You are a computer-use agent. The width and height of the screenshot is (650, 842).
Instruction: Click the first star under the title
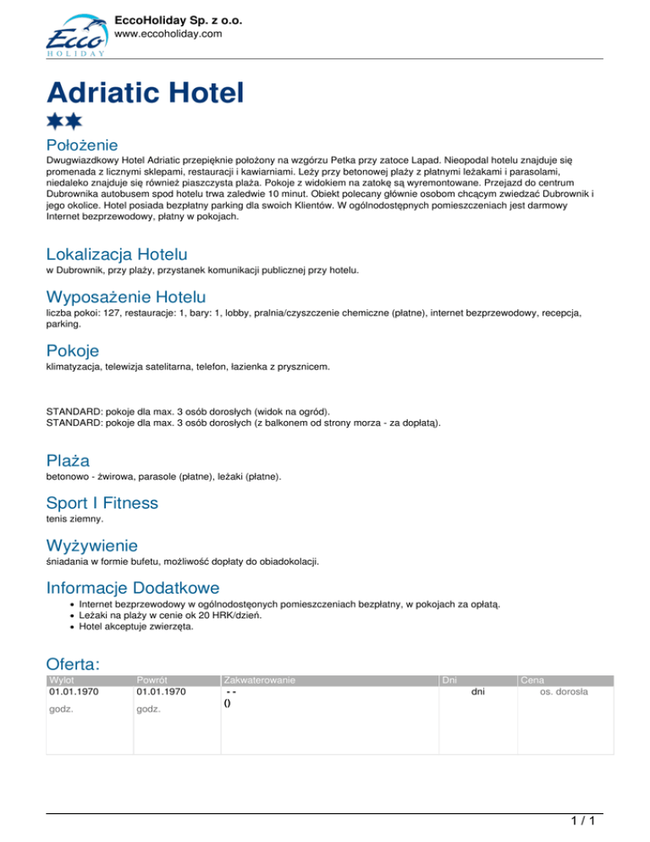pos(55,120)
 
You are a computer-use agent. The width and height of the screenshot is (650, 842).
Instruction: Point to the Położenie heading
pos(81,145)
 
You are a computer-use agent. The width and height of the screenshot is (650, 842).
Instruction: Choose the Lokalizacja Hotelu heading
pos(117,253)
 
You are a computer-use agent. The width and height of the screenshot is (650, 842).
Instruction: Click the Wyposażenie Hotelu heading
pos(125,297)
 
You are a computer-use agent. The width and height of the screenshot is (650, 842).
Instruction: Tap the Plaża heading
pos(68,460)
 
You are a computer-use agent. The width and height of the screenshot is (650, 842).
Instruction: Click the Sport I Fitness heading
pos(102,503)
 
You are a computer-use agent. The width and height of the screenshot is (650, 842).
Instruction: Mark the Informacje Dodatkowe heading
pos(133,587)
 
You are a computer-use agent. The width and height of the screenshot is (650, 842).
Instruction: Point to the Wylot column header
pos(62,680)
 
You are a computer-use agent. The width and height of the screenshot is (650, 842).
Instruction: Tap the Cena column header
pos(532,680)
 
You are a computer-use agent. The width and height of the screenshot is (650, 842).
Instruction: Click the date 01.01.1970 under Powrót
pos(161,692)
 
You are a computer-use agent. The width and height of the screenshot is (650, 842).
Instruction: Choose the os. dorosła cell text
pos(565,692)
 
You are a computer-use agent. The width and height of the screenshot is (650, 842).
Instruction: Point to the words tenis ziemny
pos(75,518)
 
